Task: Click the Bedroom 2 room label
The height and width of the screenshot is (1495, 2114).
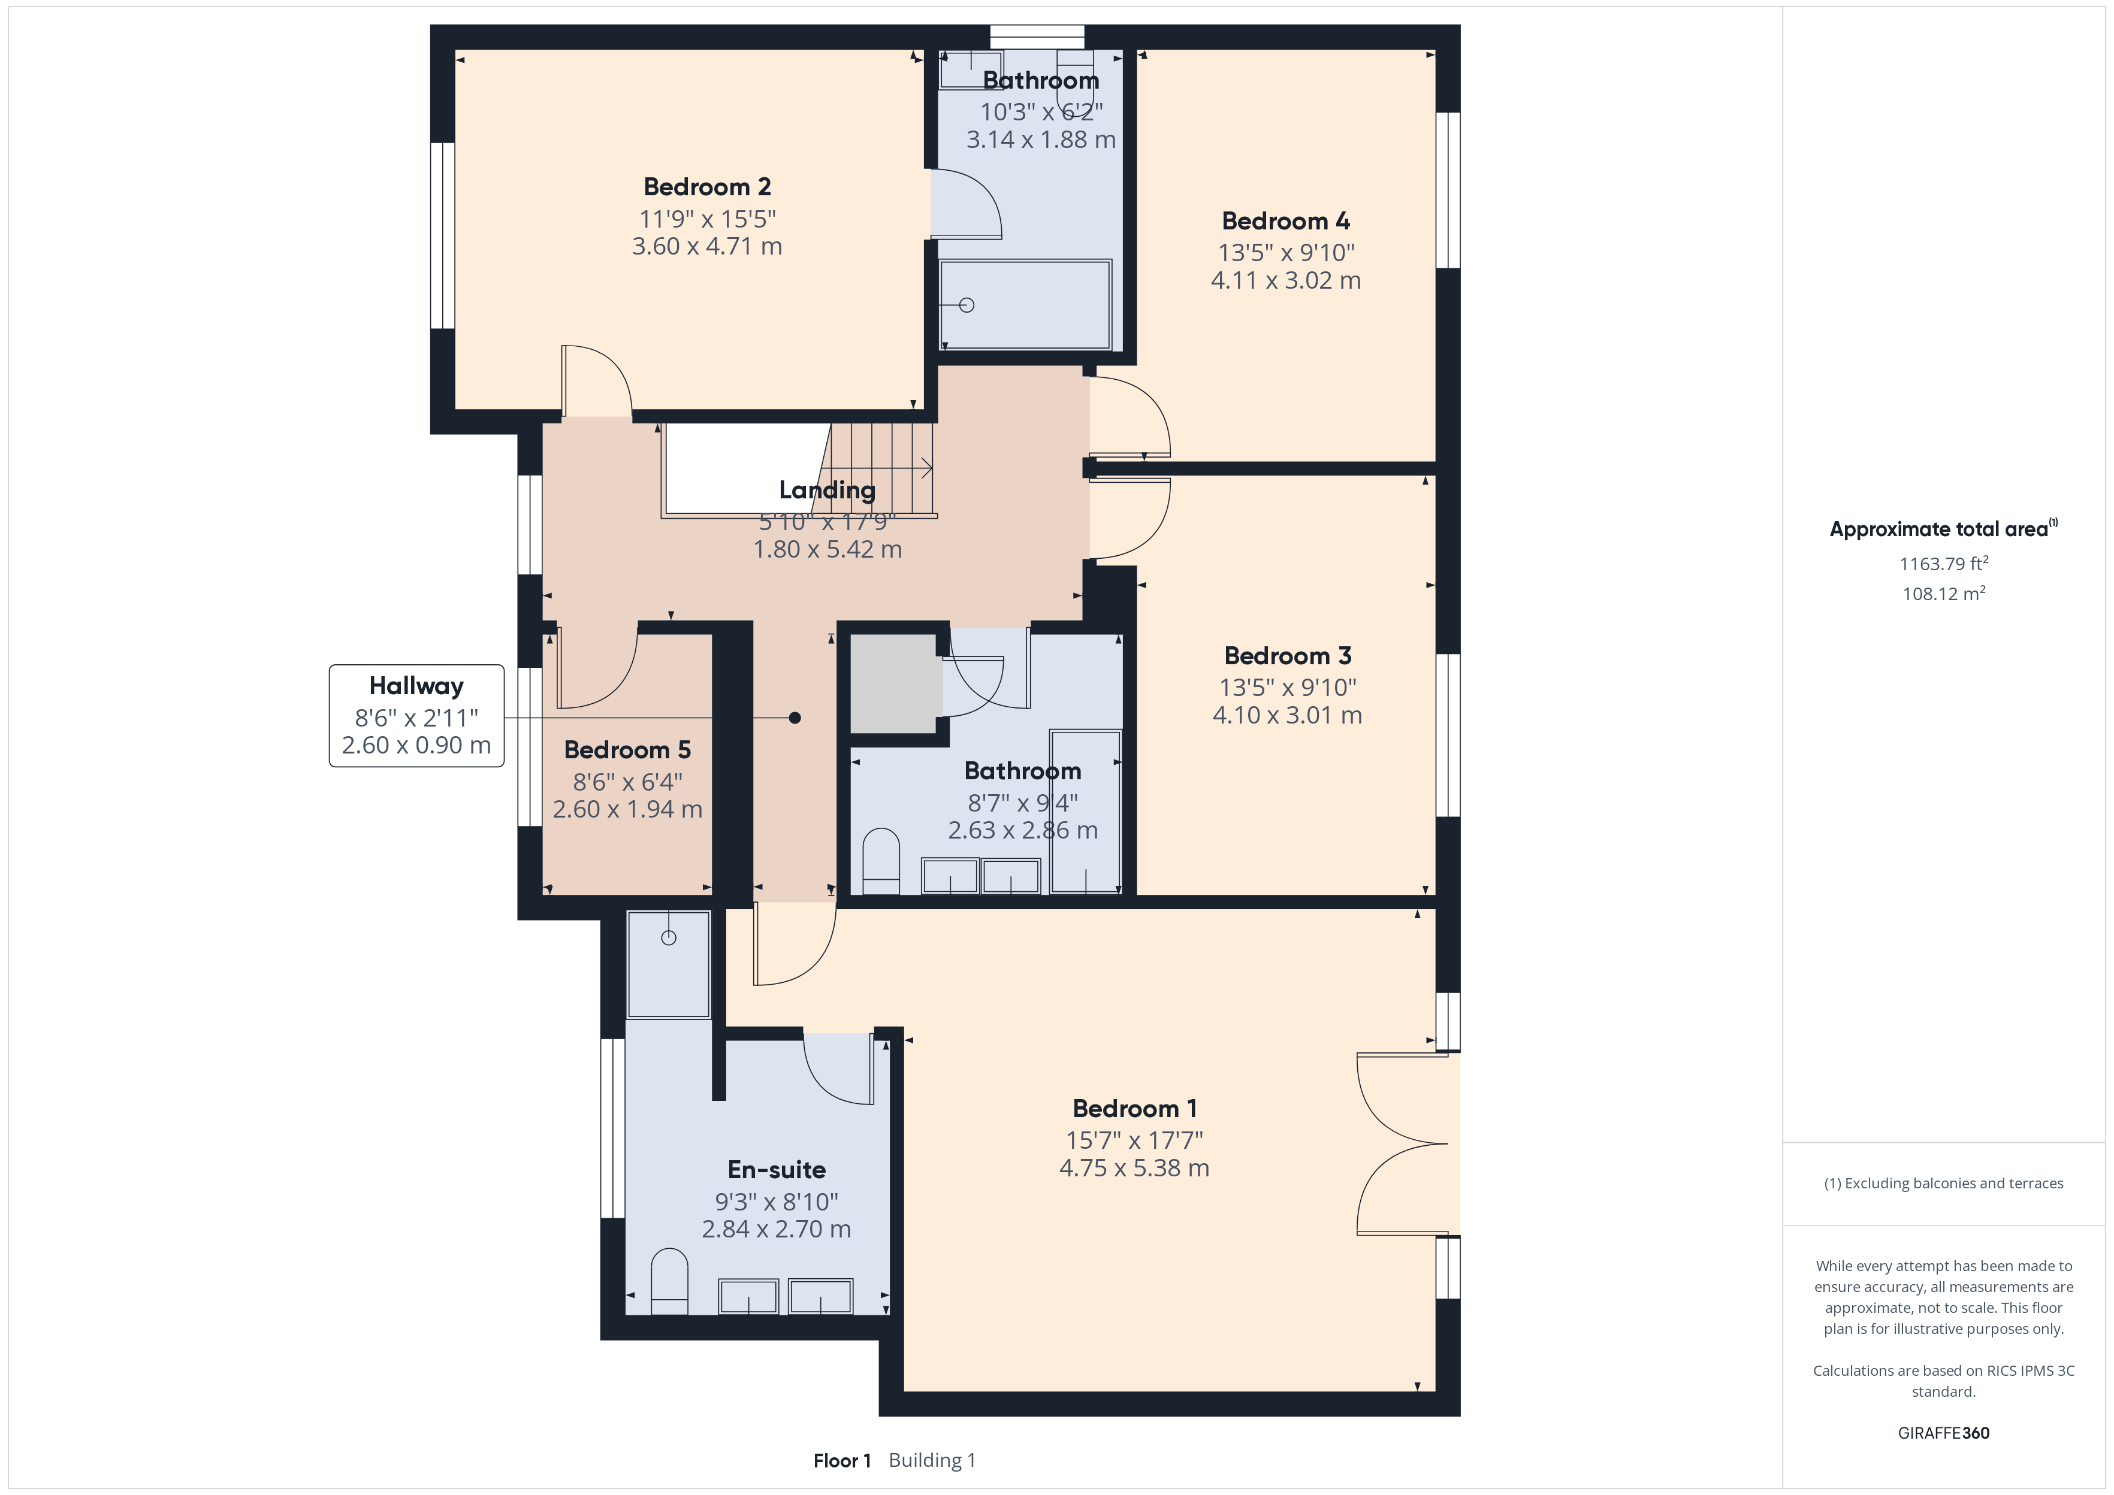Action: click(x=707, y=187)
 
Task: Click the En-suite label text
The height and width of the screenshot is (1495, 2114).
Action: click(x=776, y=1170)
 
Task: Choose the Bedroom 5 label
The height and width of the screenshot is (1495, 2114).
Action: click(x=627, y=750)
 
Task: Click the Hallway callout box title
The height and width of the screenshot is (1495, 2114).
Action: click(x=416, y=686)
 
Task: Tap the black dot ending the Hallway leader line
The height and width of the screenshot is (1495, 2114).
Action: click(x=795, y=718)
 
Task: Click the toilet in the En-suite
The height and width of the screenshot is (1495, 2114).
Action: click(x=669, y=1281)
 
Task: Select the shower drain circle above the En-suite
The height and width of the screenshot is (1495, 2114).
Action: click(x=669, y=938)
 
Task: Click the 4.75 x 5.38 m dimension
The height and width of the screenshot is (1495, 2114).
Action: click(x=1134, y=1168)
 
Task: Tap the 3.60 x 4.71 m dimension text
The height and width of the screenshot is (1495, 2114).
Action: click(x=707, y=247)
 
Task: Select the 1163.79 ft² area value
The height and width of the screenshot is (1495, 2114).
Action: click(x=1944, y=564)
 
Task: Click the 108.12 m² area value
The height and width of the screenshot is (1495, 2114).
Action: click(x=1944, y=594)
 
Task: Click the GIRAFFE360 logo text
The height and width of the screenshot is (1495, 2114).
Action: click(x=1944, y=1433)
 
